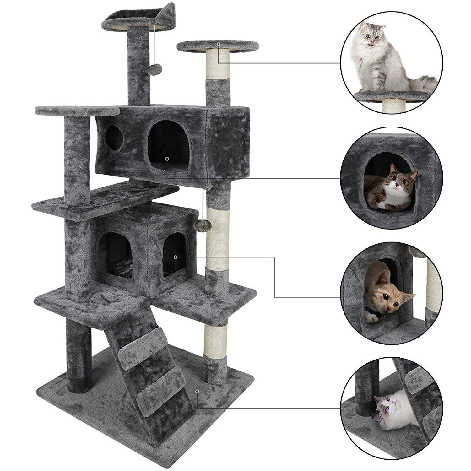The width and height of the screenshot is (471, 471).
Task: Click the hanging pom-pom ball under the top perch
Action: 156,68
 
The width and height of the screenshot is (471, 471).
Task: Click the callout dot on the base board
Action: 197,391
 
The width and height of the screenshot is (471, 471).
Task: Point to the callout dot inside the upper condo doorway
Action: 167,159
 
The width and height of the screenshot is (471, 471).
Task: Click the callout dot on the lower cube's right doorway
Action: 176,257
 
